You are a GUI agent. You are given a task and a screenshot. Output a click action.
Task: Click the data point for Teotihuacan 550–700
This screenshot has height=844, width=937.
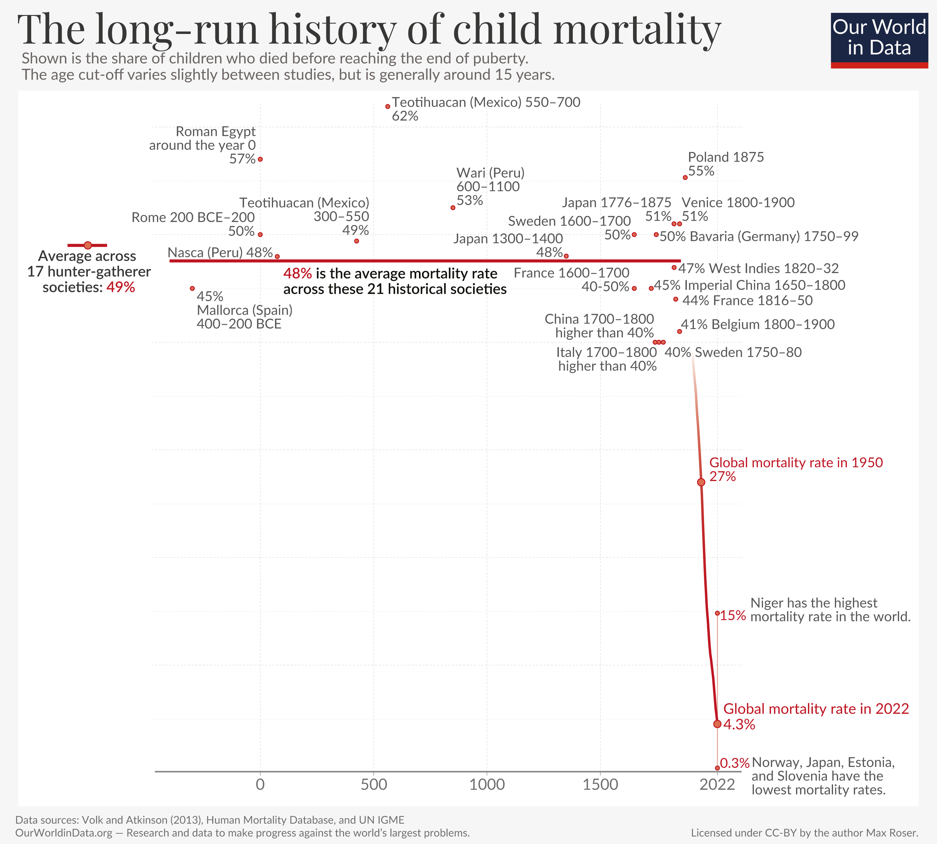387,107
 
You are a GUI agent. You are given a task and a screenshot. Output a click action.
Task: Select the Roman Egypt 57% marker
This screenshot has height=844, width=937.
260,159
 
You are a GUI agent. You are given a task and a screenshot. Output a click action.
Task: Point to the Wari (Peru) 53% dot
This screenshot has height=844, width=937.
453,208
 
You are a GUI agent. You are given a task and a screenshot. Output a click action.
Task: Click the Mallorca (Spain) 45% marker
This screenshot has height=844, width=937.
192,288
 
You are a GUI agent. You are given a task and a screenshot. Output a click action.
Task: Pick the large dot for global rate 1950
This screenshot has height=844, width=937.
701,482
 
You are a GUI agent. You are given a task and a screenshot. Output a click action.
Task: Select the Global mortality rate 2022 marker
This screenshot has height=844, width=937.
717,724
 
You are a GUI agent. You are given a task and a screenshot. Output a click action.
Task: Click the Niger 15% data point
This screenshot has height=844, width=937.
717,613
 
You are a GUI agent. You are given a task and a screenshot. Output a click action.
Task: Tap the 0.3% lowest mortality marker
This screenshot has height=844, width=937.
717,768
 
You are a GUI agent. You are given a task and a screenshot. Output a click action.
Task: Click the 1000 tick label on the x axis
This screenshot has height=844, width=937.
487,785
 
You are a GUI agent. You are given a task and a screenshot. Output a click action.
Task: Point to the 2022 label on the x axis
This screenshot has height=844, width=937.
717,785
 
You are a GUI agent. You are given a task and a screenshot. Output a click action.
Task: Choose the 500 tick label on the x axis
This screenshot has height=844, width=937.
374,785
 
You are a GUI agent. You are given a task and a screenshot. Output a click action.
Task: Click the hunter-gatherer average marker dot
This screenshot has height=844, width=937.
88,245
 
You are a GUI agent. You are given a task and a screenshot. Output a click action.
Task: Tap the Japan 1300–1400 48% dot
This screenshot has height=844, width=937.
566,256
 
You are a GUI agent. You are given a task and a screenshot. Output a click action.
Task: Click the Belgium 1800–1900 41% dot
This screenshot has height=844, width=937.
679,331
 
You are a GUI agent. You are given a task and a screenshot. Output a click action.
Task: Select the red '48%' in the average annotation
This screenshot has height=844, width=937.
297,274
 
